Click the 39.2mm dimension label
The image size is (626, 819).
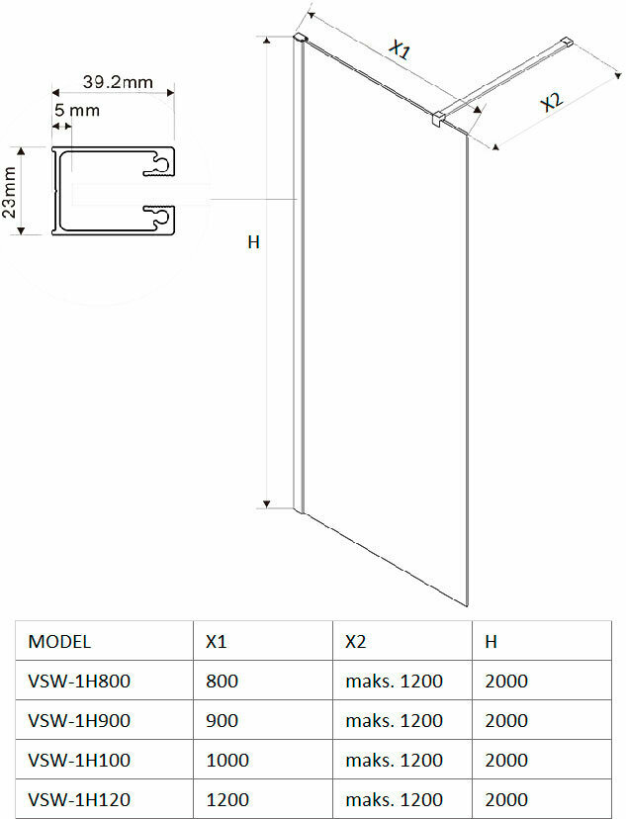tap(117, 82)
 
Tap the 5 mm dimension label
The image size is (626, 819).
tap(76, 111)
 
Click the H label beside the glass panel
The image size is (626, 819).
tap(253, 241)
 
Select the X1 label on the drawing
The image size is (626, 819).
tap(400, 49)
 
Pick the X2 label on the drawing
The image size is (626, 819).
tap(551, 103)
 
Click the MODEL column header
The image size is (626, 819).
tap(59, 641)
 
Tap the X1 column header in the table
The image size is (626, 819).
tap(216, 641)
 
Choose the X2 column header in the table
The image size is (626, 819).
tap(356, 641)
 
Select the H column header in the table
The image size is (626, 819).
tap(491, 641)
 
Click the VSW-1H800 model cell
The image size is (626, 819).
tap(79, 681)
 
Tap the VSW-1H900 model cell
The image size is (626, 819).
tap(79, 720)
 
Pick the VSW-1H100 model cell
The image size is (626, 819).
tap(79, 760)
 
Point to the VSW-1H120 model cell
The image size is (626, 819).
tap(79, 799)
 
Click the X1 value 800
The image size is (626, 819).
tap(222, 681)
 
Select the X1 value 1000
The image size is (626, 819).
tap(226, 760)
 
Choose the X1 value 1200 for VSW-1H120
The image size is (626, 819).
tap(226, 799)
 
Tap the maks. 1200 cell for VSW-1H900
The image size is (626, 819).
tap(394, 720)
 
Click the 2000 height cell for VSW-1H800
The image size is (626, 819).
tap(506, 681)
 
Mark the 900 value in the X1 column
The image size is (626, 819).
tap(222, 720)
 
